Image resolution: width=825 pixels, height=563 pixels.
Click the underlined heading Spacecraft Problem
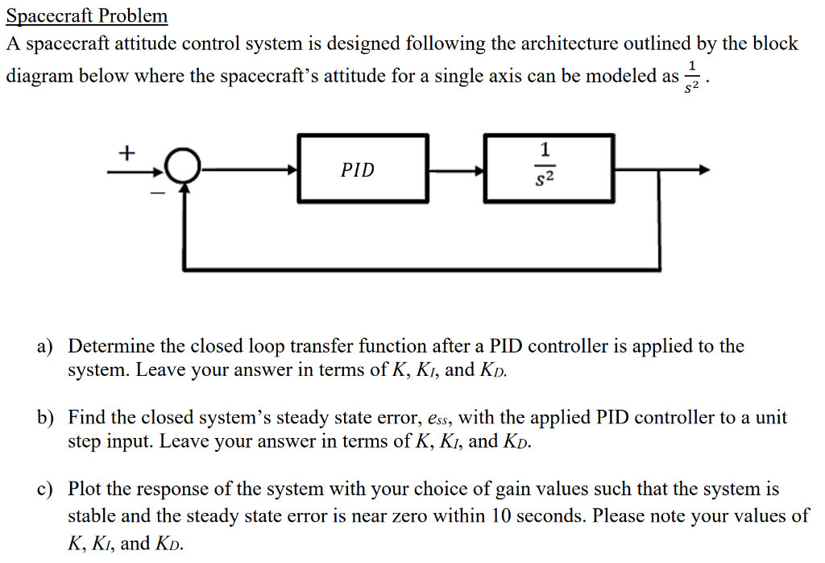click(87, 16)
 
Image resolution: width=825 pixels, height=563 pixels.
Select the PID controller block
click(363, 169)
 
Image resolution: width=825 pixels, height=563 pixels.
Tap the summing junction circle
click(184, 169)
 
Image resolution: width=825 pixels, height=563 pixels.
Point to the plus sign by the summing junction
click(127, 152)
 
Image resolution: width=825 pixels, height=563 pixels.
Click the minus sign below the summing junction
click(159, 194)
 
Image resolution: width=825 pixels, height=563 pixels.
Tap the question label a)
click(45, 347)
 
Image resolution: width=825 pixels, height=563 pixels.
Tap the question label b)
click(45, 418)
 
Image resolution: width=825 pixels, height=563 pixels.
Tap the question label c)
click(45, 489)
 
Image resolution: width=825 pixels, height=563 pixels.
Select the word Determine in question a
click(106, 347)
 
